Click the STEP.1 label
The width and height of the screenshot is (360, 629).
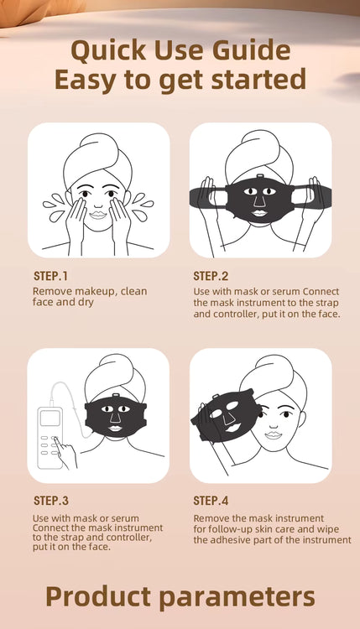coord(50,276)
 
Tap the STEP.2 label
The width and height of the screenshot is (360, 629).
coord(211,276)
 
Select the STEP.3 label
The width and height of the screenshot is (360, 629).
coord(51,501)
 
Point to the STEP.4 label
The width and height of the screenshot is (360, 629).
coord(211,501)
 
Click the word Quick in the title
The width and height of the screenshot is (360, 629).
coord(108,50)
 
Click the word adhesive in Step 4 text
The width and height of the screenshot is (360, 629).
coord(232,540)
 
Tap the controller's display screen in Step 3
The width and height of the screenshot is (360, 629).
coord(50,418)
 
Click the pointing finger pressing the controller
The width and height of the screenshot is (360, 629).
coord(65,452)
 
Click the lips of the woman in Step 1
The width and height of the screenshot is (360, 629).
coord(98,215)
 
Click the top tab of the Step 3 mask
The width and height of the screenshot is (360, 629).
coord(117,396)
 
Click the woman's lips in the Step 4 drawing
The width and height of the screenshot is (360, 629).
coord(274,434)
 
